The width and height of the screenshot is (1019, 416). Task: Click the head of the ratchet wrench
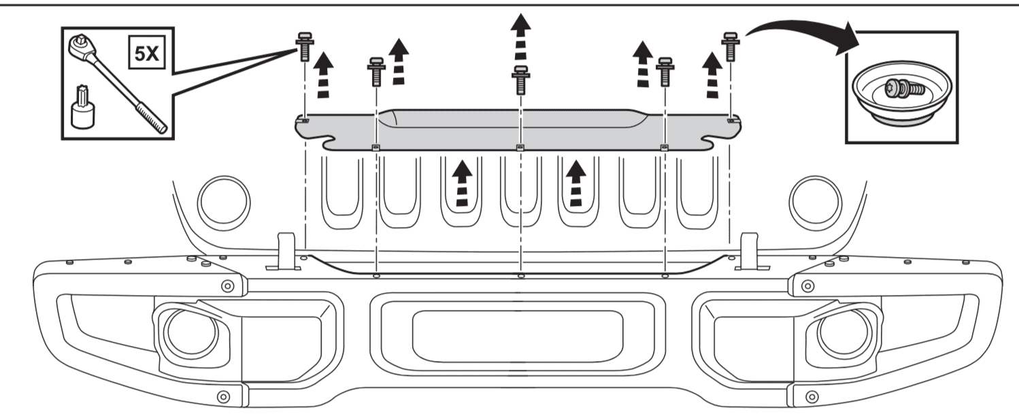pyautogui.click(x=81, y=47)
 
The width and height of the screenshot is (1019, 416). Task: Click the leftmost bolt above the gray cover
pyautogui.click(x=304, y=46)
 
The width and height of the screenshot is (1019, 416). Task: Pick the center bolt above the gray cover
pyautogui.click(x=520, y=80)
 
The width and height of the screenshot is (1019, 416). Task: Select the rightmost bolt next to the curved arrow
pyautogui.click(x=730, y=46)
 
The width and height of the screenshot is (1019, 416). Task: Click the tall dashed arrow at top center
pyautogui.click(x=520, y=39)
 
